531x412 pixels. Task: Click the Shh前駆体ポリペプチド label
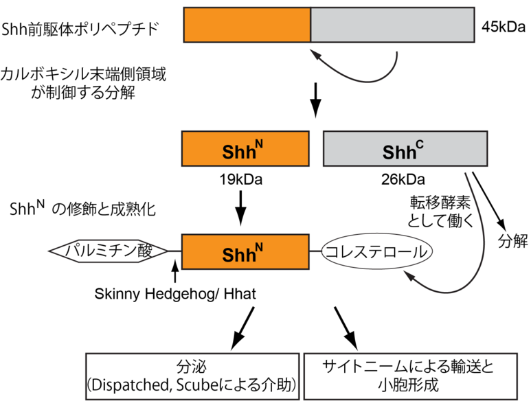coord(82,29)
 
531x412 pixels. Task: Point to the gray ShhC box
coord(405,148)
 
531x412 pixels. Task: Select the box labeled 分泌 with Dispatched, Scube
coord(192,375)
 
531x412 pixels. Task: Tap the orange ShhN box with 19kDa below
coord(245,148)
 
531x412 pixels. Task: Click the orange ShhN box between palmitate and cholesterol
coord(245,251)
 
